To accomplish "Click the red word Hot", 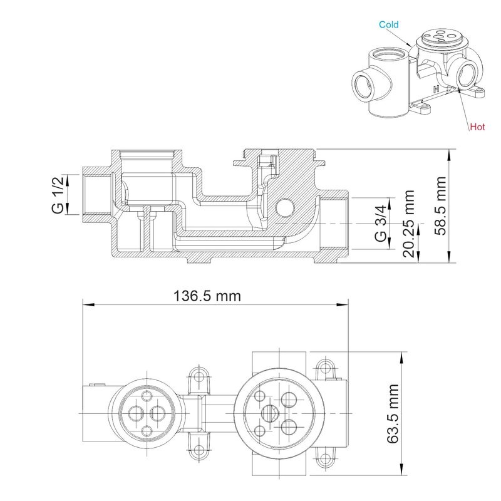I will pyautogui.click(x=478, y=126).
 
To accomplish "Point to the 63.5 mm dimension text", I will pyautogui.click(x=393, y=414).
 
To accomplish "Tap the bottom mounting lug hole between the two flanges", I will pyautogui.click(x=200, y=450).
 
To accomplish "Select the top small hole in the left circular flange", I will pyautogui.click(x=147, y=395).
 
